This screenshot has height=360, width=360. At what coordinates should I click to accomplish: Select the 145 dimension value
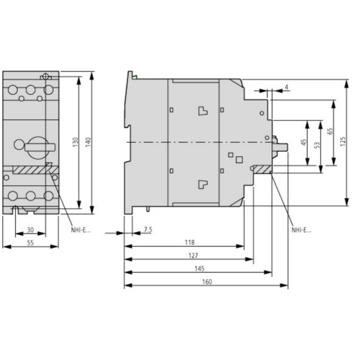tap(199, 269)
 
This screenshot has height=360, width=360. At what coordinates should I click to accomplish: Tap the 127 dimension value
tap(190, 256)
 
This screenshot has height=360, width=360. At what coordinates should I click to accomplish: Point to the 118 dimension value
tap(190, 242)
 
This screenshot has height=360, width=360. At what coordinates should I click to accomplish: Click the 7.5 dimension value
tap(148, 229)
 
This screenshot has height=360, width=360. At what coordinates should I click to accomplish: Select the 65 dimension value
tap(330, 131)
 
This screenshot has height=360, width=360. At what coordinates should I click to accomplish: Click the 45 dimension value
tap(304, 143)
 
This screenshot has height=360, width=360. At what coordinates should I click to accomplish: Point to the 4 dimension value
tap(286, 88)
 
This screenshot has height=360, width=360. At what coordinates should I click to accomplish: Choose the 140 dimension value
tap(88, 142)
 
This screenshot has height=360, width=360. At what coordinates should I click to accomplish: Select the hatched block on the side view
tap(262, 170)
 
